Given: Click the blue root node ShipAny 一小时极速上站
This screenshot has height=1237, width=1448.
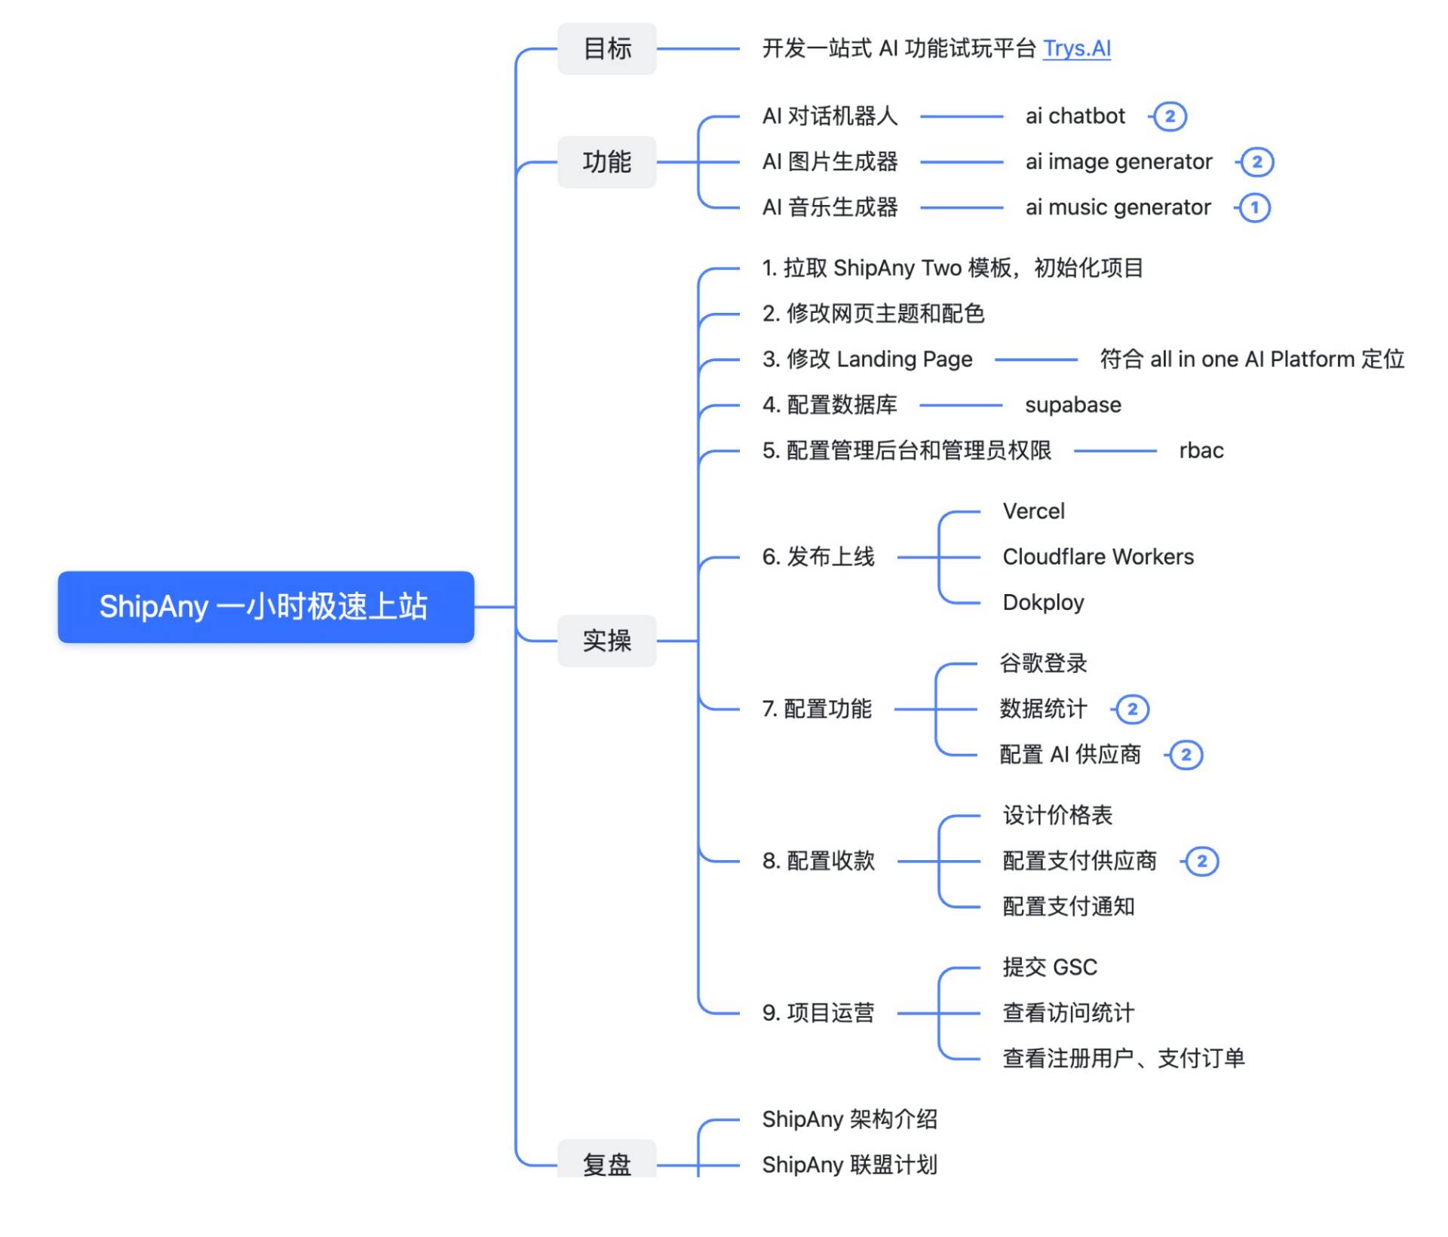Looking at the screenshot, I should [265, 607].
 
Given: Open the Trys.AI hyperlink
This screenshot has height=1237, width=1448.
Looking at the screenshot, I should [1076, 48].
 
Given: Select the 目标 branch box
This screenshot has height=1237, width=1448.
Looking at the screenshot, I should [606, 49].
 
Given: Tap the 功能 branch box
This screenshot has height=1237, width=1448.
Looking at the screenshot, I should [606, 162].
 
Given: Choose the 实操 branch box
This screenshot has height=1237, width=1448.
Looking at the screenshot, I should [606, 641].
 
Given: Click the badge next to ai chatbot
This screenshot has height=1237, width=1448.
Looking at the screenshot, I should [1170, 116].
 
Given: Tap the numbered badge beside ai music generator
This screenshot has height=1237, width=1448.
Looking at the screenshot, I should [1255, 207].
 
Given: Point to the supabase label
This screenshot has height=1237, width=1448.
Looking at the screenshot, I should [1072, 405].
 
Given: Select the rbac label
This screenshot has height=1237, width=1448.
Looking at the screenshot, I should [1201, 451].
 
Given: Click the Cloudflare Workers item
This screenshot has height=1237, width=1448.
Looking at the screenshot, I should [1098, 557].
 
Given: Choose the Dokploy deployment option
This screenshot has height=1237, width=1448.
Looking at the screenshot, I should [1043, 602].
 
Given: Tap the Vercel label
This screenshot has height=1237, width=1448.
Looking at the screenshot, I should [1033, 511].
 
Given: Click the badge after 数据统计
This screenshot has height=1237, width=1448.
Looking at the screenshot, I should [1132, 709].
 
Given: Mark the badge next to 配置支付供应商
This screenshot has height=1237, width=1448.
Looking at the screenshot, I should [1202, 861].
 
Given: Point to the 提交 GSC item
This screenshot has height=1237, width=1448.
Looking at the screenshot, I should [1050, 967].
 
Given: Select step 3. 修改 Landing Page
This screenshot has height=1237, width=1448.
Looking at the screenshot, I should [867, 360].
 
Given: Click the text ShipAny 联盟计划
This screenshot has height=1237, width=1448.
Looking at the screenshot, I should [849, 1165].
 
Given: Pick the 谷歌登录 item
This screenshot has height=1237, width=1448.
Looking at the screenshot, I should [1043, 663].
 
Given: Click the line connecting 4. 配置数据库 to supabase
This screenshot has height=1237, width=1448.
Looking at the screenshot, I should [961, 406].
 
